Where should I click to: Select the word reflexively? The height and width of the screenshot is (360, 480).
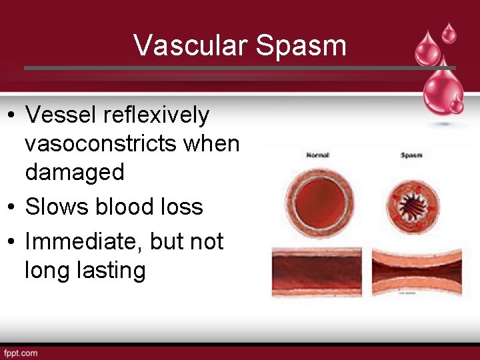(156, 115)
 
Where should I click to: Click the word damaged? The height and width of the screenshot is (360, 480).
(75, 173)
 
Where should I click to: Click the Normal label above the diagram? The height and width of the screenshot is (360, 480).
(318, 155)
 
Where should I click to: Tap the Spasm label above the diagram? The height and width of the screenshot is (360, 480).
(411, 155)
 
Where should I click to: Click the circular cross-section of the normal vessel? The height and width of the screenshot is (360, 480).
(318, 199)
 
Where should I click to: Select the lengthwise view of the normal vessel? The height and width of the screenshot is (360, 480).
(317, 271)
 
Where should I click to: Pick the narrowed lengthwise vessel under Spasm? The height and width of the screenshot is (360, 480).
(417, 271)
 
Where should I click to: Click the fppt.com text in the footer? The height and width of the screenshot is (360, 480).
(21, 353)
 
